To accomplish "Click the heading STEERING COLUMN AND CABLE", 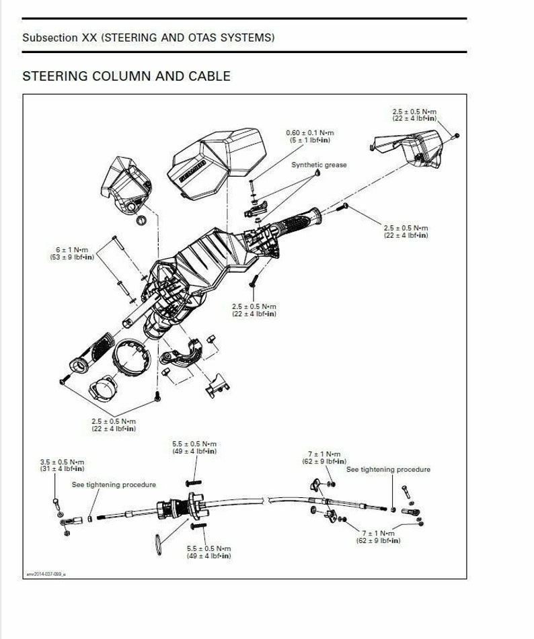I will tap(126, 76).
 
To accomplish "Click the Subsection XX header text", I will tap(148, 38).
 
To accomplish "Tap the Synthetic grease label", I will tap(319, 165).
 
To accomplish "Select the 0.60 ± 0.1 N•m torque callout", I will tap(309, 136).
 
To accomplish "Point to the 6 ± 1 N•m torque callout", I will tap(75, 253).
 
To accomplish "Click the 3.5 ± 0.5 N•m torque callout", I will tap(62, 465).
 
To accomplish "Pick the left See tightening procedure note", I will tap(114, 484).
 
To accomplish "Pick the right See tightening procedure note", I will tap(388, 470).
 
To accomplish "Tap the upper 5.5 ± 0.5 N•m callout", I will tap(194, 448).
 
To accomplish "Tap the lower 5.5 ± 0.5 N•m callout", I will tap(208, 552).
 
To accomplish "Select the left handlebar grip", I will tap(95, 352).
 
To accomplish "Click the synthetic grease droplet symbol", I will tap(316, 174).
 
